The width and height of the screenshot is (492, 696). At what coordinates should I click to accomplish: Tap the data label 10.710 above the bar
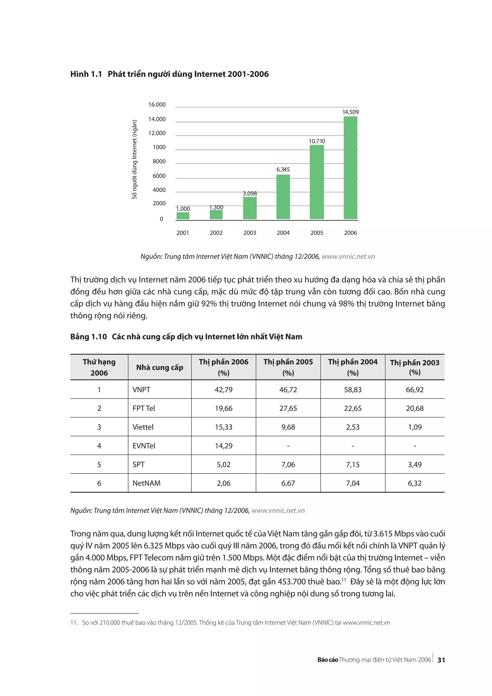click(x=317, y=141)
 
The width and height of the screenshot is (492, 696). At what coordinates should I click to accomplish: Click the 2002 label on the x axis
click(x=216, y=233)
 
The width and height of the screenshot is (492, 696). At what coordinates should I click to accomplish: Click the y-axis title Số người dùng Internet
click(x=134, y=159)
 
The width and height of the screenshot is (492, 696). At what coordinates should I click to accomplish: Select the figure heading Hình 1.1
click(x=86, y=74)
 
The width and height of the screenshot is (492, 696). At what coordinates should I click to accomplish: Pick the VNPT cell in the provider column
click(x=141, y=390)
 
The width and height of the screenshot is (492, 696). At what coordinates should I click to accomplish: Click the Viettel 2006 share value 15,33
click(x=223, y=427)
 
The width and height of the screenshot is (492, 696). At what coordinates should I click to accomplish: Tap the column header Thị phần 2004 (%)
click(x=353, y=367)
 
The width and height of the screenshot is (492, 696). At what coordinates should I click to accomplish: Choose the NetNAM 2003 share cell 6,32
click(x=414, y=483)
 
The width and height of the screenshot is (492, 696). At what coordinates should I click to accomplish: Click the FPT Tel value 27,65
click(x=288, y=408)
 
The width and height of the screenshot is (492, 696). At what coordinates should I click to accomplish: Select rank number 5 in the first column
click(x=99, y=464)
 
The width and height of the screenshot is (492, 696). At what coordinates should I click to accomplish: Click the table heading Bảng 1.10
click(x=88, y=336)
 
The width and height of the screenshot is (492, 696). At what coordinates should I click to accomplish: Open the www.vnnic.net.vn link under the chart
click(x=348, y=256)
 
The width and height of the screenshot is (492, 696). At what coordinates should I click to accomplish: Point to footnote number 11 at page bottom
click(x=74, y=623)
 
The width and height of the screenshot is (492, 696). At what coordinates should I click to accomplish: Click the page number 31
click(x=441, y=660)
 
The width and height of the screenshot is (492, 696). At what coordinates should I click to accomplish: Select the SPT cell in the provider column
click(x=139, y=464)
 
